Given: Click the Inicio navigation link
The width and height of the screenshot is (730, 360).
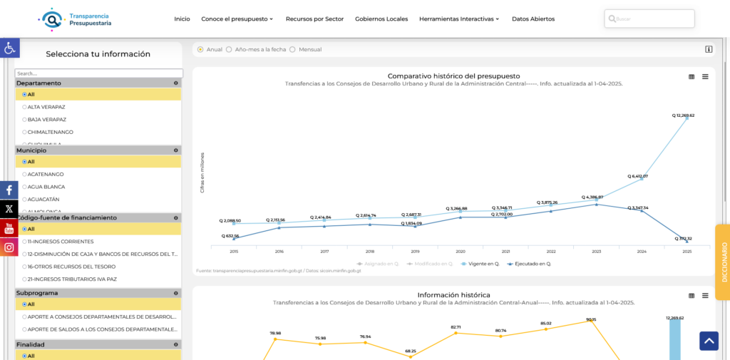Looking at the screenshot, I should tap(182, 19).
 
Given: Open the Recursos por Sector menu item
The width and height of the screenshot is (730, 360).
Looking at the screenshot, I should tap(314, 19).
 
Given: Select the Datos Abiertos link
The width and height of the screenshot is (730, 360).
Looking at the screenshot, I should tap(533, 19).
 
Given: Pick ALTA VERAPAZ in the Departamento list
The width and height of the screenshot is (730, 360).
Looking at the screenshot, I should tap(46, 107).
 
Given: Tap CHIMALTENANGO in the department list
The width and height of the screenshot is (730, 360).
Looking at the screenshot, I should tap(50, 132).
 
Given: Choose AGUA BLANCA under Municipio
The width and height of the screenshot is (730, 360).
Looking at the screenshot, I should tap(46, 187).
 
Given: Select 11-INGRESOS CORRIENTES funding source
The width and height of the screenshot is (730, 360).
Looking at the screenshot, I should tap(60, 242).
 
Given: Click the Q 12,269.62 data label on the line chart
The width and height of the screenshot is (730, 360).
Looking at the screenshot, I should tap(683, 115).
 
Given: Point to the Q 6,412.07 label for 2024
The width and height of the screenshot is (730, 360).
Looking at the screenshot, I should tap(637, 176).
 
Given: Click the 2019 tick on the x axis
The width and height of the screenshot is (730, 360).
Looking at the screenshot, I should tap(415, 252).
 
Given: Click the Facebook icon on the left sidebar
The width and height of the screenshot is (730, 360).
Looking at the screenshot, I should tap(9, 190).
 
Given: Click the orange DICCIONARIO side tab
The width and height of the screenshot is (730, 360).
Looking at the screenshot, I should tap(723, 262).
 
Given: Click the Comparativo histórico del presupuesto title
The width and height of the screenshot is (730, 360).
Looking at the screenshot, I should tap(453, 76).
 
